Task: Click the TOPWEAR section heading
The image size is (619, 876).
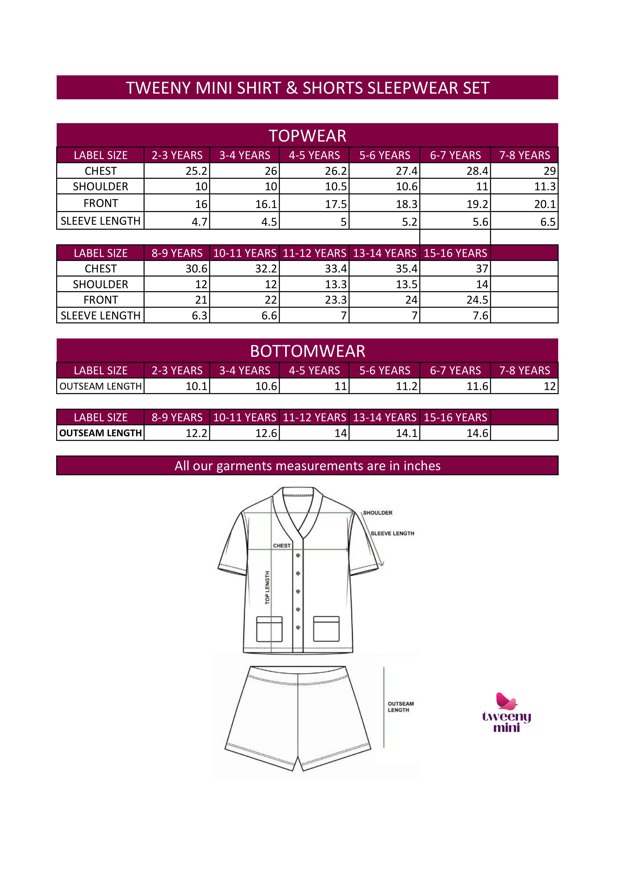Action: pyautogui.click(x=307, y=136)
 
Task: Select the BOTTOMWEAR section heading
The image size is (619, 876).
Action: pyautogui.click(x=307, y=351)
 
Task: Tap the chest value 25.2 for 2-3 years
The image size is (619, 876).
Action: pyautogui.click(x=197, y=171)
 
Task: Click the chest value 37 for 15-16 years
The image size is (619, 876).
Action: pyautogui.click(x=482, y=269)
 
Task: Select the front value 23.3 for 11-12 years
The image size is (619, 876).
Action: pyautogui.click(x=336, y=300)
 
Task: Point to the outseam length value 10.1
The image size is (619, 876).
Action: pyautogui.click(x=197, y=386)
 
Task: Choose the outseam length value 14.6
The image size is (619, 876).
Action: pyautogui.click(x=477, y=433)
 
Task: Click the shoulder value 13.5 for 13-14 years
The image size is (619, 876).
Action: pyautogui.click(x=407, y=284)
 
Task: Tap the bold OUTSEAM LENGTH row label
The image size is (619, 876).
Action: pyautogui.click(x=101, y=433)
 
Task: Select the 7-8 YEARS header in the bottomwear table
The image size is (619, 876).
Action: pyautogui.click(x=524, y=371)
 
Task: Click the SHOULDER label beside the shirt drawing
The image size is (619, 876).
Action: pyautogui.click(x=378, y=513)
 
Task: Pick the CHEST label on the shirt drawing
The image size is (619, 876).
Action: pyautogui.click(x=282, y=546)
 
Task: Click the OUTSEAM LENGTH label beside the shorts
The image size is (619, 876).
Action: pyautogui.click(x=401, y=707)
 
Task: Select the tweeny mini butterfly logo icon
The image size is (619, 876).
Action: pyautogui.click(x=506, y=701)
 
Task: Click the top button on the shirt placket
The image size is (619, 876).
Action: pyautogui.click(x=298, y=556)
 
